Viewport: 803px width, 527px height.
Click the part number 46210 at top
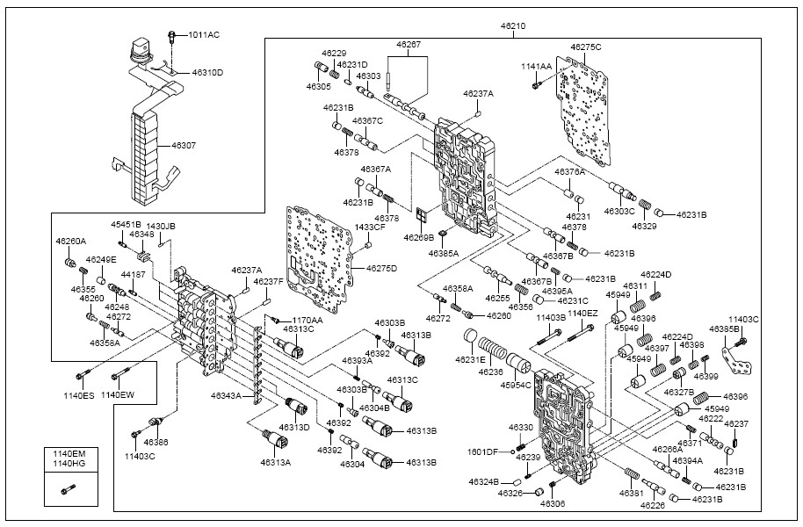[x=513, y=26]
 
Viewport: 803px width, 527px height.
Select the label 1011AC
[x=205, y=34]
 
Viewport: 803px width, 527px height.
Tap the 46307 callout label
[x=184, y=145]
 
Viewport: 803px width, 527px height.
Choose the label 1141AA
[x=535, y=67]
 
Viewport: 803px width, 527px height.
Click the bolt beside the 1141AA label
[x=534, y=85]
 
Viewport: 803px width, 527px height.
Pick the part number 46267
[x=408, y=44]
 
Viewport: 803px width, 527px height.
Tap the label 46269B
[x=419, y=237]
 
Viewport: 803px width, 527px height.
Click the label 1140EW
[x=118, y=395]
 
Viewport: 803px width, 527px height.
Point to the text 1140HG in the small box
[x=69, y=463]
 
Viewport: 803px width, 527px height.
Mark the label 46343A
[x=226, y=396]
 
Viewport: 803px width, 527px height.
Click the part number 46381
[x=606, y=494]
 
